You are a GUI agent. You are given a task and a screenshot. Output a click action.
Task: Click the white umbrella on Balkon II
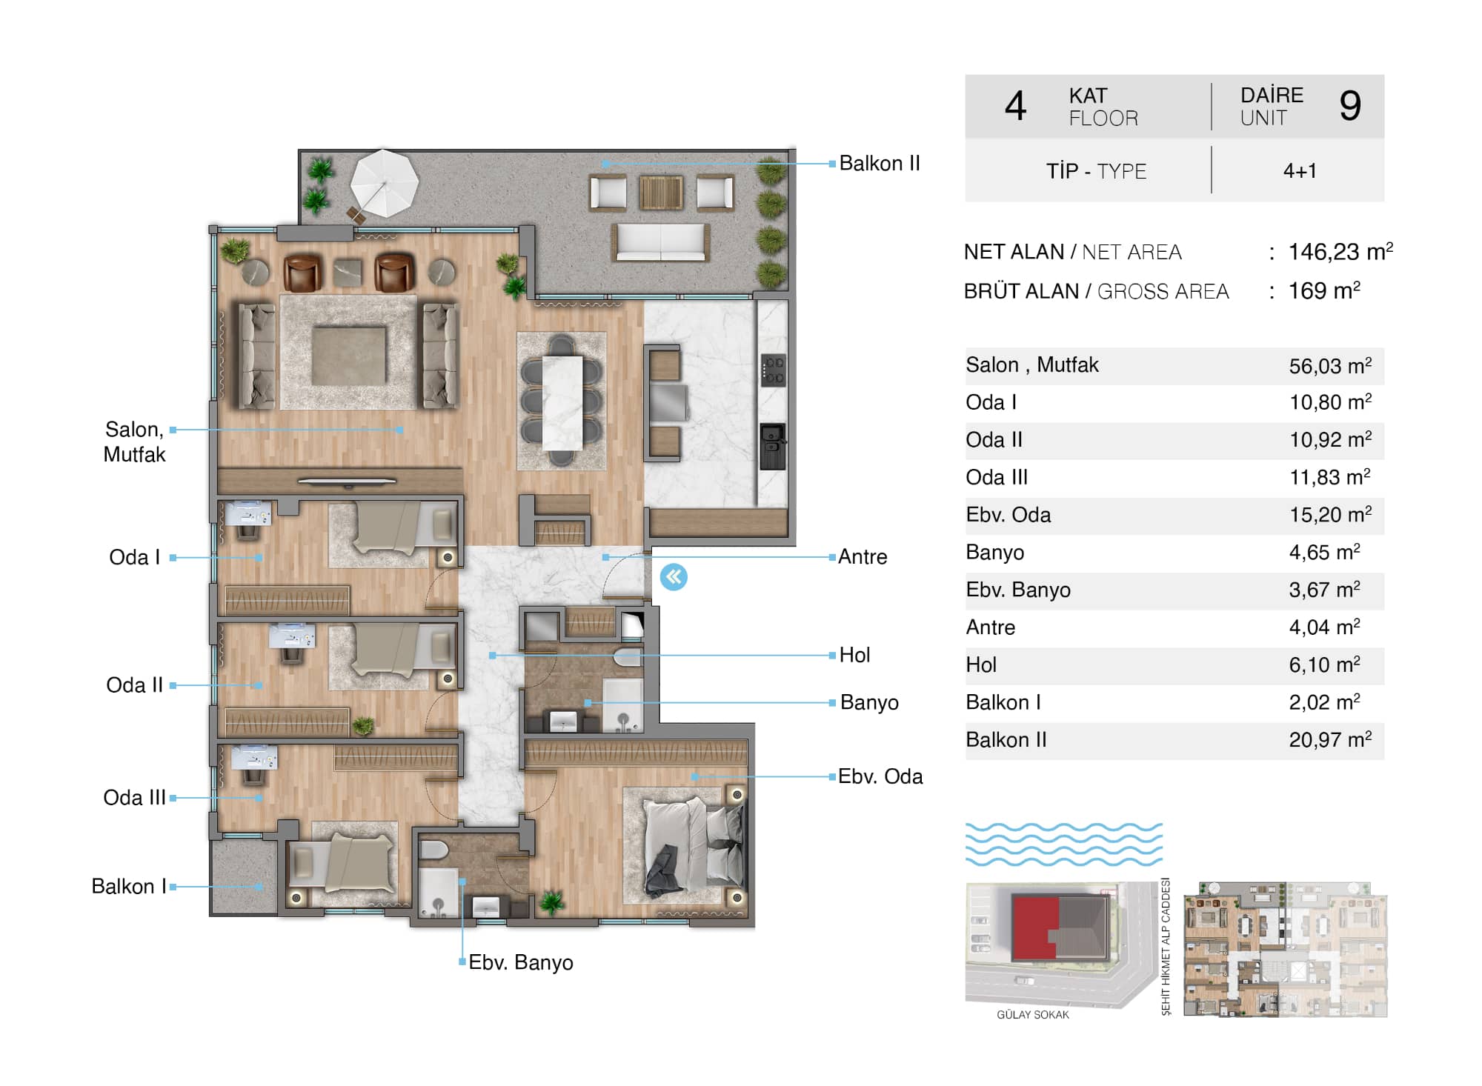(384, 183)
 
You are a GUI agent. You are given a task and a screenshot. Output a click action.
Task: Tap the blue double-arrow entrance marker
(674, 576)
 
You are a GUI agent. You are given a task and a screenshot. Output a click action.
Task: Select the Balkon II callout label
(880, 163)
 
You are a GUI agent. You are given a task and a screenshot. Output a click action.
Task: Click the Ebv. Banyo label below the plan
(521, 962)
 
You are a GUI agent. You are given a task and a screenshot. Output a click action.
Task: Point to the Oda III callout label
(134, 797)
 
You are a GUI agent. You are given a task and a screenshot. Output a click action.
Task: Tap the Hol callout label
(854, 655)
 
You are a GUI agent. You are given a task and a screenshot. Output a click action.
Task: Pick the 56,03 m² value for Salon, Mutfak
(1330, 365)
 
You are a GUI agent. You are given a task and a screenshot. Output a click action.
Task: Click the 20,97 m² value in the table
(1330, 739)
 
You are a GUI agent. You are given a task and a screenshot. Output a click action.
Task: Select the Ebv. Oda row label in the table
(1008, 515)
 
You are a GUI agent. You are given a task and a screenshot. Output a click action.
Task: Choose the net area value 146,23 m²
(1340, 251)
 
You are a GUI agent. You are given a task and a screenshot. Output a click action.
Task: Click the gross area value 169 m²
(1324, 290)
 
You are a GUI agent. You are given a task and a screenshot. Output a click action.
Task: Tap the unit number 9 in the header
(1350, 105)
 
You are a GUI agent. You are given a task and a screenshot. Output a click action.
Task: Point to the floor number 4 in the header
(1015, 105)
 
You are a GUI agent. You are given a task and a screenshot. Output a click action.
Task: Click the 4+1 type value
(1300, 171)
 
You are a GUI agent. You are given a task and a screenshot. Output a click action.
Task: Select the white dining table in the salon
(562, 403)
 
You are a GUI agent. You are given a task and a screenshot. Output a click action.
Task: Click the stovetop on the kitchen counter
(774, 370)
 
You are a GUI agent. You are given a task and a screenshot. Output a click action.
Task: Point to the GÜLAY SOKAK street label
(1032, 1014)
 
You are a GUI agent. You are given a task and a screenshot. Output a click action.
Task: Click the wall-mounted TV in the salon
(347, 482)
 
